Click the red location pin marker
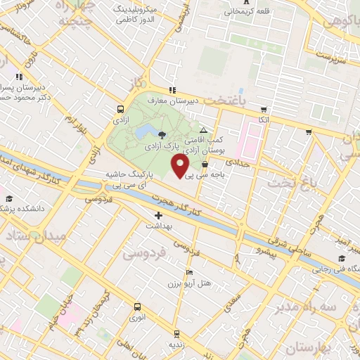pyautogui.click(x=180, y=167)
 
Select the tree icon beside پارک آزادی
pyautogui.click(x=162, y=134)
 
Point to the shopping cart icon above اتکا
pyautogui.click(x=264, y=110)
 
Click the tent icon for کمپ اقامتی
pyautogui.click(x=203, y=131)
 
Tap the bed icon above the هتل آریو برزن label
pyautogui.click(x=188, y=272)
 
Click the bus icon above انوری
pyautogui.click(x=136, y=307)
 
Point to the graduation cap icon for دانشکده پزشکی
pyautogui.click(x=8, y=199)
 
